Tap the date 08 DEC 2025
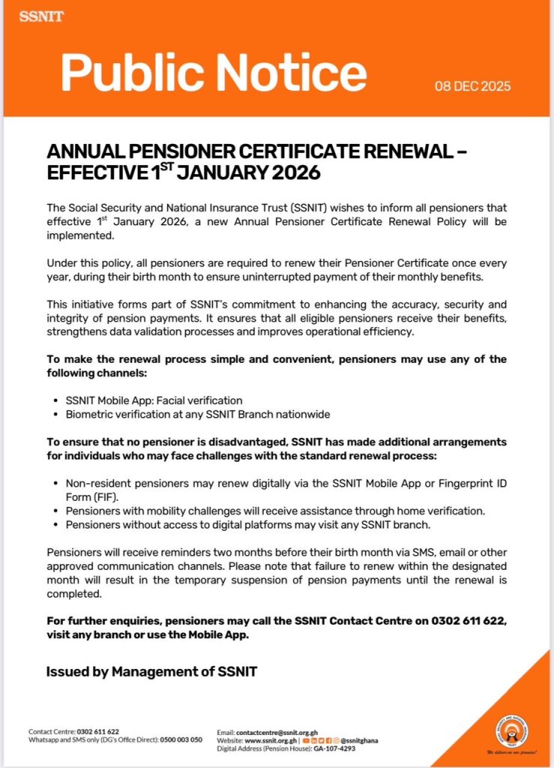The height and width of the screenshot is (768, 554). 472,86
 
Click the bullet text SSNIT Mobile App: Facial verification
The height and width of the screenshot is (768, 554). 154,400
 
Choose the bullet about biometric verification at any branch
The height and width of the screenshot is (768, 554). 198,414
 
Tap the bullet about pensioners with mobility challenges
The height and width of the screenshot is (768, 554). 275,511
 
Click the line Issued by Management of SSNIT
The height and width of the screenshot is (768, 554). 151,671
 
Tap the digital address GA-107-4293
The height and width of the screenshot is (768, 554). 334,748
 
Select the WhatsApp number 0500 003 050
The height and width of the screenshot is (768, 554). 183,740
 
